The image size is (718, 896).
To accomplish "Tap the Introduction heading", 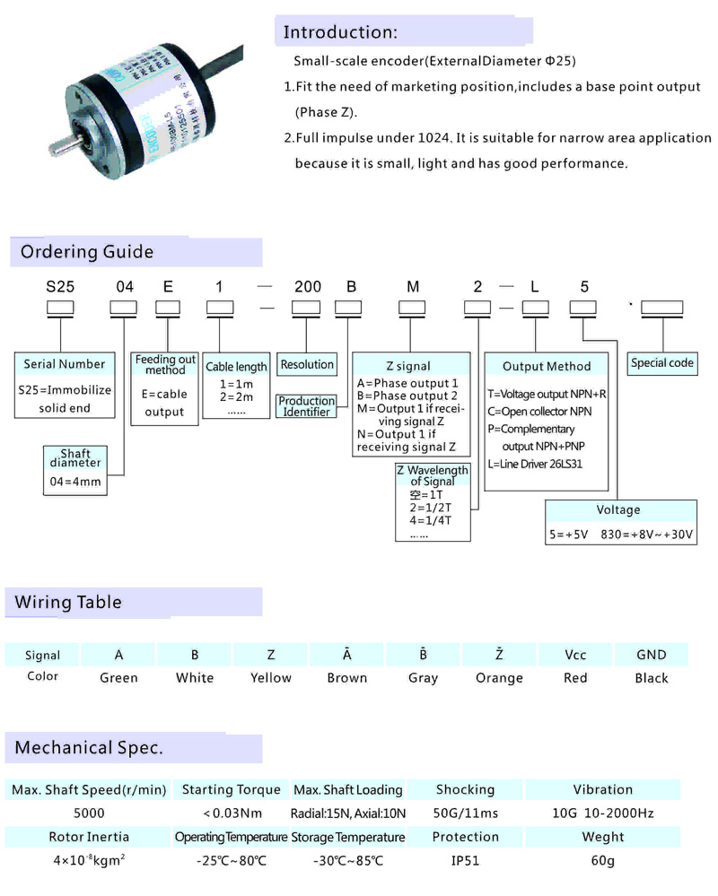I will click(339, 33).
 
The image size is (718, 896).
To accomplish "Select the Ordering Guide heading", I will click(87, 252).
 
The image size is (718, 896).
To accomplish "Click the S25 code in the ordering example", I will click(60, 288).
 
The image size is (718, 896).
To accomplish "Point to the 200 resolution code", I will click(308, 288).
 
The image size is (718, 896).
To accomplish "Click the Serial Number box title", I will click(62, 364).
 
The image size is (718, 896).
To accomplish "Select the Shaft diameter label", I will click(74, 457).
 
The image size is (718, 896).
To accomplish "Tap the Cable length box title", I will click(237, 367).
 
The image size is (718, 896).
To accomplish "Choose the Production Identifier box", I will click(306, 406).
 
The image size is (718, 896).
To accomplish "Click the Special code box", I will click(662, 363).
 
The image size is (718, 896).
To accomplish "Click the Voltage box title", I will click(619, 509).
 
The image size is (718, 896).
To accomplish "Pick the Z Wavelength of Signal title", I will click(433, 476).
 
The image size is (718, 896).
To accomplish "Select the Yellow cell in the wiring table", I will click(271, 678).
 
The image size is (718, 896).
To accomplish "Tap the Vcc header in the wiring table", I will click(575, 655).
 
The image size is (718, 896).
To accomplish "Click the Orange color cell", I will click(499, 678).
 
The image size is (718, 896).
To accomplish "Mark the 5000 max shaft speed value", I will click(89, 813).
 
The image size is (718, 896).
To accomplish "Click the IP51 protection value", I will click(466, 860).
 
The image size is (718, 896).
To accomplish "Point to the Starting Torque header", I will click(232, 790).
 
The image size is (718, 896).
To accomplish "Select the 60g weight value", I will click(602, 860).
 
